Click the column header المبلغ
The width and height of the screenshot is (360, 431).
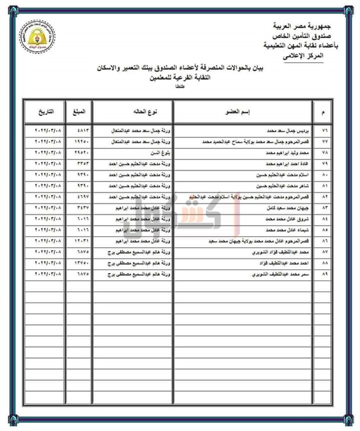78,112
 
